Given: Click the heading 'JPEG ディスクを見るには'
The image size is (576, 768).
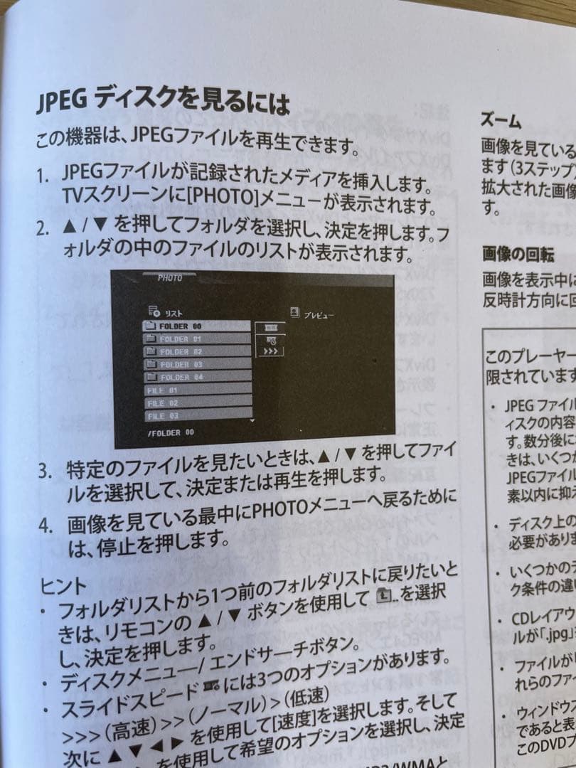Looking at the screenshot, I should click(163, 102).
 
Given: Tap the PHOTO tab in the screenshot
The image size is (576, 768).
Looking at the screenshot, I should click(170, 278).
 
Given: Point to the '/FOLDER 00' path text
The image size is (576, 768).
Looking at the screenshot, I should click(170, 432).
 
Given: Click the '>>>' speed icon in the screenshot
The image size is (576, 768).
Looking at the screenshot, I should click(271, 351).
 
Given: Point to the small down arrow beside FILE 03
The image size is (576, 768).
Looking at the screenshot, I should click(251, 420).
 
